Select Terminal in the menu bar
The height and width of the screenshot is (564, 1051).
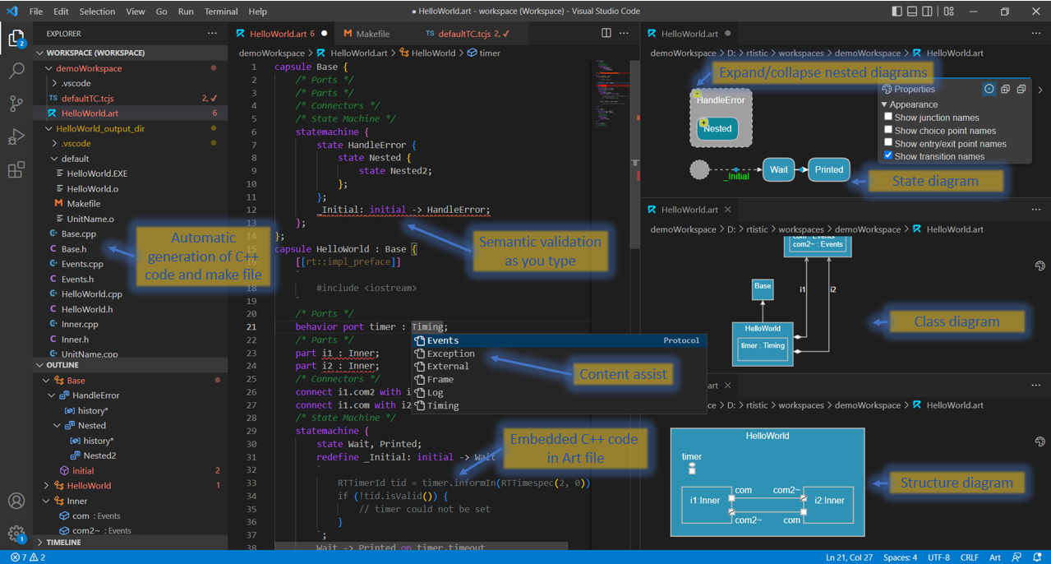tap(221, 12)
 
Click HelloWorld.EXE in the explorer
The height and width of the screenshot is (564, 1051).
tap(97, 173)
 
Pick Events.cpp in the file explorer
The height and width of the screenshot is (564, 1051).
tap(82, 264)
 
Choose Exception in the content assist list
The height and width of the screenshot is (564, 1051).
tap(450, 354)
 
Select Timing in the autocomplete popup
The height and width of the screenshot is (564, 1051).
tap(443, 405)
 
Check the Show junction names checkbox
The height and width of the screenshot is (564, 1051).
tap(888, 118)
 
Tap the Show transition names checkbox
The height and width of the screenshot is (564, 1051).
tap(888, 156)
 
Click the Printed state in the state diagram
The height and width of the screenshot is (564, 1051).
tap(828, 170)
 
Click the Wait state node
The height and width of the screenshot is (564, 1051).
tap(778, 170)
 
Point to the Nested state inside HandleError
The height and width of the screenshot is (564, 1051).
tap(717, 128)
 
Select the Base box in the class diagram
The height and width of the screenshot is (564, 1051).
tap(763, 288)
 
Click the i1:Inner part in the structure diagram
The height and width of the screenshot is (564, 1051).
tap(705, 501)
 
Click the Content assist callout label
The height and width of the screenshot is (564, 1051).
tap(624, 375)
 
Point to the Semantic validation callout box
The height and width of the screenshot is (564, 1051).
tap(540, 251)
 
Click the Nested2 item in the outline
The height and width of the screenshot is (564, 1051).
tap(99, 455)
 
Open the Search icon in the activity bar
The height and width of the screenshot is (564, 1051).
tap(16, 71)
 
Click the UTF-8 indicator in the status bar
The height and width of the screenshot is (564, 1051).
tap(938, 557)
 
